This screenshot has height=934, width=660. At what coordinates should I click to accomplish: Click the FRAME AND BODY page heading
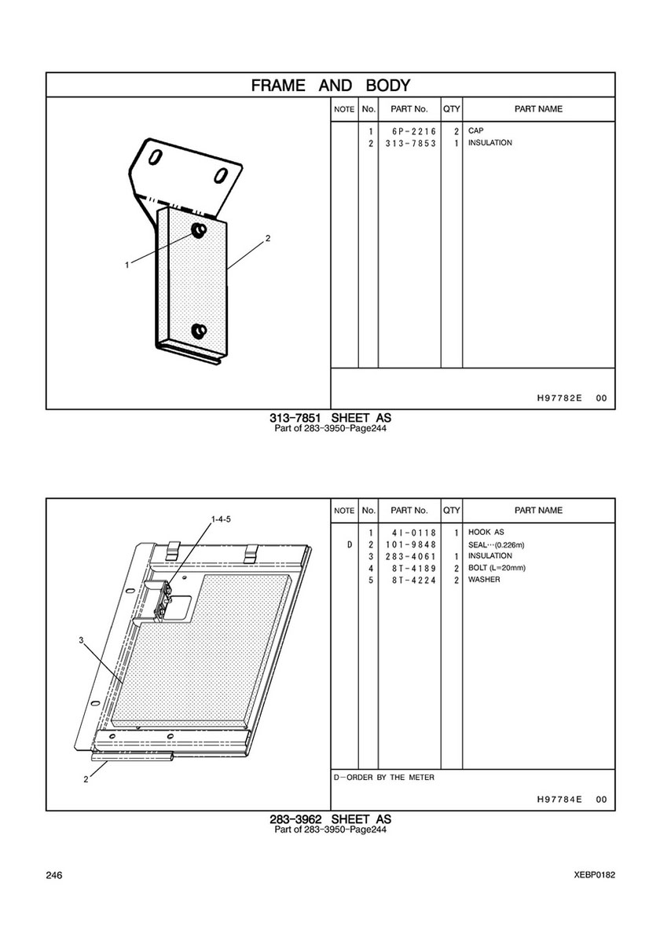[x=331, y=85]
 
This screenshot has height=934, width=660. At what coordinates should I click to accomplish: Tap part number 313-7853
[x=410, y=143]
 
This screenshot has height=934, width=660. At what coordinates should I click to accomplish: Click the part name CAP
[x=476, y=130]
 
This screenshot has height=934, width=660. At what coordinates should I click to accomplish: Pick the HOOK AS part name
[x=486, y=532]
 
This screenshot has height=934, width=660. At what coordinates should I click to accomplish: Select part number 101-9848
[x=410, y=544]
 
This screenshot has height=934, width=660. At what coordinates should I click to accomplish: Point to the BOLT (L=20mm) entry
[x=497, y=568]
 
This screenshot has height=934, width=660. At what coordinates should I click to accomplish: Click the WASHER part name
[x=484, y=580]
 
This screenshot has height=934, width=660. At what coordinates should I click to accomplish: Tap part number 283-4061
[x=410, y=556]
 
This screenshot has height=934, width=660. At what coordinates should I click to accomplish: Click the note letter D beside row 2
[x=350, y=544]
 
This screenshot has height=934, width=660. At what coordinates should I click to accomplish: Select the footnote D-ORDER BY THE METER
[x=383, y=778]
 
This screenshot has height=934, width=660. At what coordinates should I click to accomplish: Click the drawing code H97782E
[x=559, y=398]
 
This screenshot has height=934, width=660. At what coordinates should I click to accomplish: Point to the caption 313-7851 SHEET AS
[x=331, y=418]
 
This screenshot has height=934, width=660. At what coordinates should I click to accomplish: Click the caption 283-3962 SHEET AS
[x=331, y=819]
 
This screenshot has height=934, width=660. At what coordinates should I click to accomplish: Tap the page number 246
[x=54, y=875]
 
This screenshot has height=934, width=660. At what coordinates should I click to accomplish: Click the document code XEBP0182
[x=595, y=875]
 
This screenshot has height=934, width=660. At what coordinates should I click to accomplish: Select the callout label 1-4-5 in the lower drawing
[x=221, y=518]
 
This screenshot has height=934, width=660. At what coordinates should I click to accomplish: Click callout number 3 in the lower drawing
[x=81, y=640]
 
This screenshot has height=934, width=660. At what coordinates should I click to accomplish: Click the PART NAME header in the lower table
[x=538, y=511]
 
